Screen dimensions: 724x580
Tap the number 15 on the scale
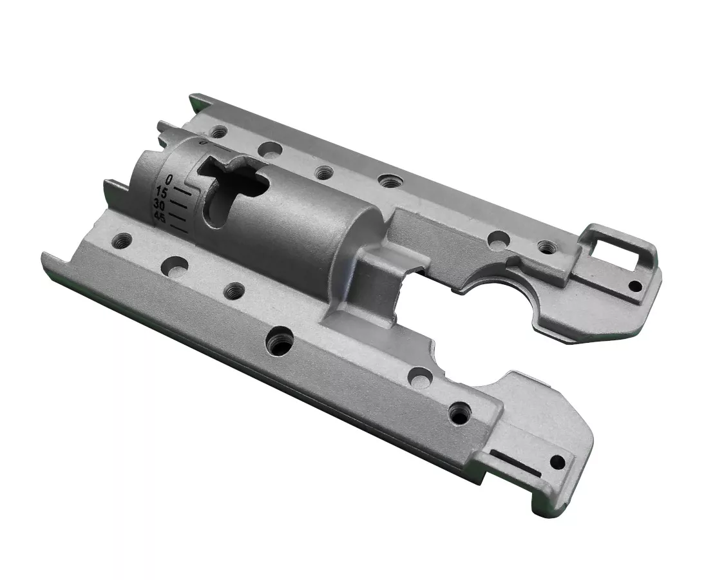pyautogui.click(x=162, y=192)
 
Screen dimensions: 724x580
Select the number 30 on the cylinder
pyautogui.click(x=159, y=205)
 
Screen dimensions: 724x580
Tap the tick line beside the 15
pyautogui.click(x=182, y=190)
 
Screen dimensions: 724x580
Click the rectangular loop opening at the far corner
pyautogui.click(x=614, y=250)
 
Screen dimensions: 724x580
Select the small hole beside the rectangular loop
pyautogui.click(x=636, y=286)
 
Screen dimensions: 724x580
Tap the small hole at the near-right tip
pyautogui.click(x=558, y=461)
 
